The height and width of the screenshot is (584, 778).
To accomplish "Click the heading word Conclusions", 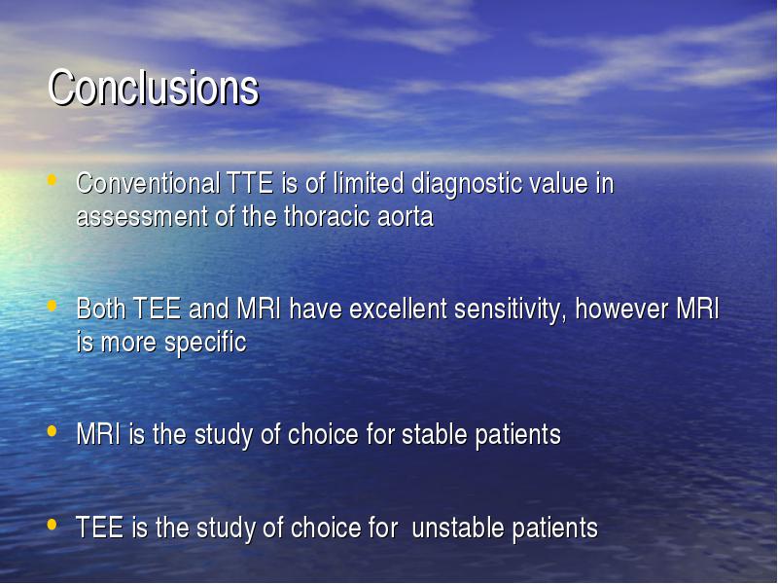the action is pyautogui.click(x=154, y=88).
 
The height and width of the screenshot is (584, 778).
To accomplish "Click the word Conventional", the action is pyautogui.click(x=149, y=183).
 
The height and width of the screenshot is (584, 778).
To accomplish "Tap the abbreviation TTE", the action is pyautogui.click(x=250, y=183).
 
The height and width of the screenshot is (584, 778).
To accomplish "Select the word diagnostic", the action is pyautogui.click(x=467, y=184).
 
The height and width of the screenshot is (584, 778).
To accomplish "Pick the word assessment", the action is pyautogui.click(x=142, y=217).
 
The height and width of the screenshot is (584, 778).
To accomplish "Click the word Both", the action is pyautogui.click(x=101, y=309).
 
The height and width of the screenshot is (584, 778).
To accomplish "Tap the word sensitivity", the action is pyautogui.click(x=511, y=310).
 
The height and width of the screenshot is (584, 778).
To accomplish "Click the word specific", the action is pyautogui.click(x=205, y=344).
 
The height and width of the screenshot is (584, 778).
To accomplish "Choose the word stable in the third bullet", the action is pyautogui.click(x=435, y=434).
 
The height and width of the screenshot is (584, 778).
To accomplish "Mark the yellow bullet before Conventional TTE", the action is pyautogui.click(x=52, y=179).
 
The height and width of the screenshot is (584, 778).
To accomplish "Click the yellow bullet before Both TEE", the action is pyautogui.click(x=52, y=305).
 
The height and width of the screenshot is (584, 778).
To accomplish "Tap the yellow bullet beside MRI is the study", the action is pyautogui.click(x=52, y=431).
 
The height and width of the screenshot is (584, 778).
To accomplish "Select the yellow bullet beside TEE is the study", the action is pyautogui.click(x=52, y=525).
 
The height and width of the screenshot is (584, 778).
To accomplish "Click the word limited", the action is pyautogui.click(x=369, y=183).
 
